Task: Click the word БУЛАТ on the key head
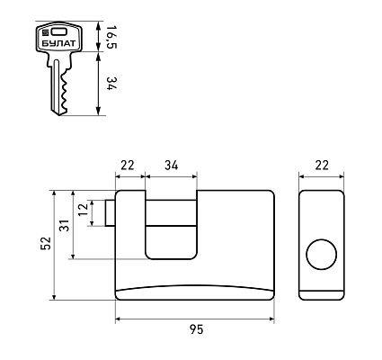(58, 43)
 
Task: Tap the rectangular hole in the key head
(58, 31)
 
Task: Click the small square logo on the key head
(46, 32)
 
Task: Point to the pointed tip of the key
(59, 114)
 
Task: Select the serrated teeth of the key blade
(64, 92)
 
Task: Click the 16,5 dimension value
(111, 37)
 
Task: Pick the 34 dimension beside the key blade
(111, 84)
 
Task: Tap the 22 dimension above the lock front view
(128, 166)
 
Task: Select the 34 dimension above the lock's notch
(172, 166)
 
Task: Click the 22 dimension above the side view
(322, 166)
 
